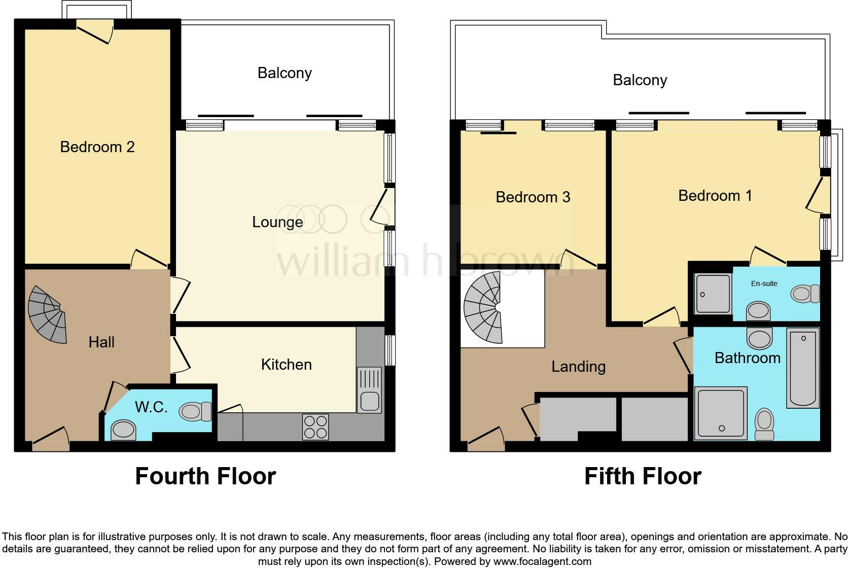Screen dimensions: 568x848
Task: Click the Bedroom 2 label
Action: [x=97, y=147]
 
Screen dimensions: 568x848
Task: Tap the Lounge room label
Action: [x=277, y=222]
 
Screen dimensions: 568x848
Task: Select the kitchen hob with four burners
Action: [x=315, y=427]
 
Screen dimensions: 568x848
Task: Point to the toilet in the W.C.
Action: [x=196, y=411]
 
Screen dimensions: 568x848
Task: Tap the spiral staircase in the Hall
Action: [x=48, y=314]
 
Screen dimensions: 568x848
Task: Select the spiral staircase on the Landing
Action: [x=483, y=308]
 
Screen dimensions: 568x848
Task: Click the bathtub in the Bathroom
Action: [x=803, y=368]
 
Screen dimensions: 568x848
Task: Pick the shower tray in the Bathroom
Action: [x=721, y=413]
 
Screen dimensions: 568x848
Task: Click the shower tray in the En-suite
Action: [x=712, y=294]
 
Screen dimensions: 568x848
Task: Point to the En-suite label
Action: [x=764, y=283]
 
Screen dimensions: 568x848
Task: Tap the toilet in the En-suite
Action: [x=805, y=294]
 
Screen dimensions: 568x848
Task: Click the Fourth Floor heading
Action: [x=205, y=476]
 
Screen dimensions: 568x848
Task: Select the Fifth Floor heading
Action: [x=643, y=476]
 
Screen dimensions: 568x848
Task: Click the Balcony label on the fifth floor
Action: [x=640, y=80]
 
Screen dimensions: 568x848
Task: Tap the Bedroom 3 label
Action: [x=533, y=197]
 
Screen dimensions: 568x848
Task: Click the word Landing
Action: [x=578, y=366]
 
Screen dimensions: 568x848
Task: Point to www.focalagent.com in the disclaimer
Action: [x=542, y=561]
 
